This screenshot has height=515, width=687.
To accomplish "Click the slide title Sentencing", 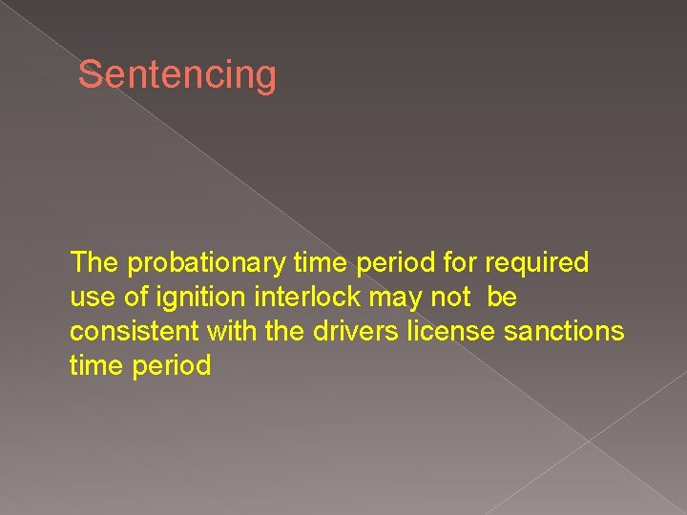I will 177,74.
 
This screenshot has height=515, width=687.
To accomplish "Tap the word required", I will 537,262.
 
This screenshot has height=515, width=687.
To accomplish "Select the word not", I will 450,298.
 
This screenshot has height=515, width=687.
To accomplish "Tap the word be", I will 502,297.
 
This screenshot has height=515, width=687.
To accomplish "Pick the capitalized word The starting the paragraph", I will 94,262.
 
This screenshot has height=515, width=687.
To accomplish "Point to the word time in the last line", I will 98,365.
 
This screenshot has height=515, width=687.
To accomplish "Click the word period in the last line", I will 174,366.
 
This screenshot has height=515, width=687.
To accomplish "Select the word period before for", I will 390,263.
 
